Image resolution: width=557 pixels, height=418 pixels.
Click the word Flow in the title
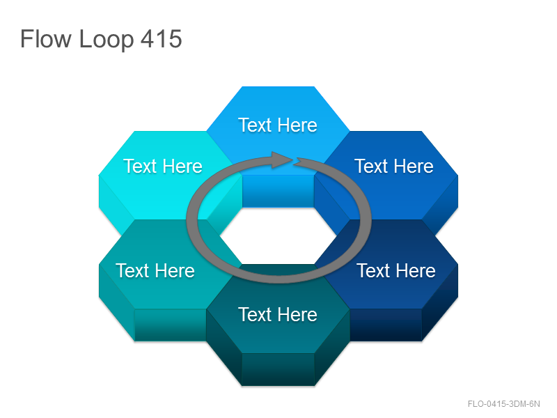(45, 38)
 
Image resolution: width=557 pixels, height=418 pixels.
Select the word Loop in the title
(107, 40)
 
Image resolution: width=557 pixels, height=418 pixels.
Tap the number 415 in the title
(162, 39)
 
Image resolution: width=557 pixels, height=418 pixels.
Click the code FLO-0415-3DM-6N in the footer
(503, 404)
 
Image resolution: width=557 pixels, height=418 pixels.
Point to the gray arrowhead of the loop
(282, 160)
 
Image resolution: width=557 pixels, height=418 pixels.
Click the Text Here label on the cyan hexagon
(163, 166)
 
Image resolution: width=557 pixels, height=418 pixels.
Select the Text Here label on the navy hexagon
(396, 270)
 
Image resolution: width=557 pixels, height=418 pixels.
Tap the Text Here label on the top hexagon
(278, 125)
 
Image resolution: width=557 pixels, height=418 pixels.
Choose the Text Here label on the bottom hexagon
(278, 315)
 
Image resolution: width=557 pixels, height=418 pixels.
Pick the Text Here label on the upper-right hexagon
(394, 166)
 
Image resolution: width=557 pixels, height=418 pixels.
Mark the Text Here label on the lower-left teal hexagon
(155, 270)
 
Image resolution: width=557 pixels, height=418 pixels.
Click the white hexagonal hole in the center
(278, 235)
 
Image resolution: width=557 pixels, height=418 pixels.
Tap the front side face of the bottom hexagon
(278, 369)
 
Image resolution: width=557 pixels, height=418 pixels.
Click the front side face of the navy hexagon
(386, 325)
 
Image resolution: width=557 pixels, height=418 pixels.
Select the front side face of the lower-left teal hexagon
(170, 325)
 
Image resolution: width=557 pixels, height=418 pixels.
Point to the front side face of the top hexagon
(278, 191)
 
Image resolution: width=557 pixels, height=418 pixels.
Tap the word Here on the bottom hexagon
(297, 315)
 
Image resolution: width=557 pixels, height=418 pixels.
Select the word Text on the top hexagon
(255, 125)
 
